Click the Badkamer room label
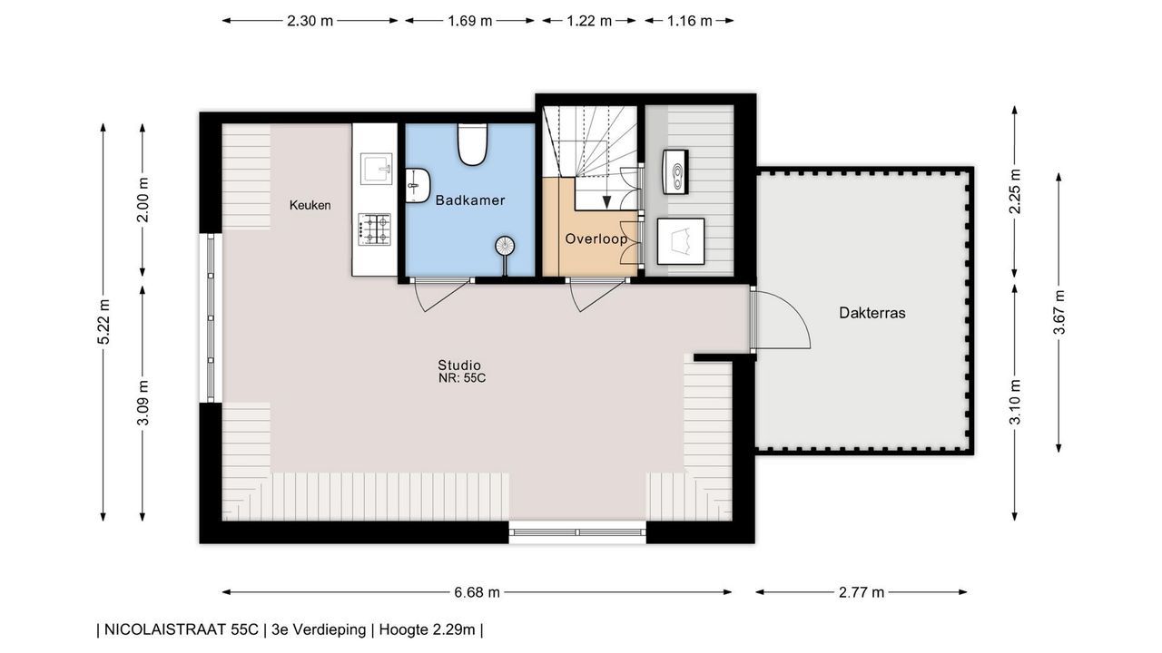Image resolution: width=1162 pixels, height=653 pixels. pyautogui.click(x=470, y=200)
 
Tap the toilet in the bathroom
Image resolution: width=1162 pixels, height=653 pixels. pyautogui.click(x=472, y=144)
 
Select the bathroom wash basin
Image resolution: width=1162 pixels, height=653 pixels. pyautogui.click(x=418, y=185)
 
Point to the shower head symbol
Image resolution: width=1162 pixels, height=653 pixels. pyautogui.click(x=505, y=246)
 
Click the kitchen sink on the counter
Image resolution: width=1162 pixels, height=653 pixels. pyautogui.click(x=377, y=169)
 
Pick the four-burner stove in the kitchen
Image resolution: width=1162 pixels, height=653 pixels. pyautogui.click(x=374, y=229)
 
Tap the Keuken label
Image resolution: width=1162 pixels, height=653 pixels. pyautogui.click(x=310, y=205)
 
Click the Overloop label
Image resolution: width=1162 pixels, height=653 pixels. pyautogui.click(x=596, y=239)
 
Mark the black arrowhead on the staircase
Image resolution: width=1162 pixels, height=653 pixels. pyautogui.click(x=606, y=202)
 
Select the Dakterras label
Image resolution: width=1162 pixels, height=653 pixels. pyautogui.click(x=872, y=313)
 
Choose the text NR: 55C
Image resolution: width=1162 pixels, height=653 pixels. pyautogui.click(x=462, y=378)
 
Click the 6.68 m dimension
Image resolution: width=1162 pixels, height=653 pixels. pyautogui.click(x=477, y=592)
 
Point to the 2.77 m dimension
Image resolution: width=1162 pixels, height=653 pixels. pyautogui.click(x=862, y=592)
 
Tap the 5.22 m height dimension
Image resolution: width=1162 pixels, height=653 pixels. pyautogui.click(x=103, y=322)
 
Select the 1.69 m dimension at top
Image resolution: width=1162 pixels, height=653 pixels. pyautogui.click(x=469, y=21)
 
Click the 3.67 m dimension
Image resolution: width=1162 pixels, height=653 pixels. pyautogui.click(x=1059, y=313)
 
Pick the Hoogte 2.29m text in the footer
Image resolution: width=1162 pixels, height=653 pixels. pyautogui.click(x=427, y=629)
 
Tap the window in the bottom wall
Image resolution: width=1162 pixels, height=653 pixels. pyautogui.click(x=576, y=532)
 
